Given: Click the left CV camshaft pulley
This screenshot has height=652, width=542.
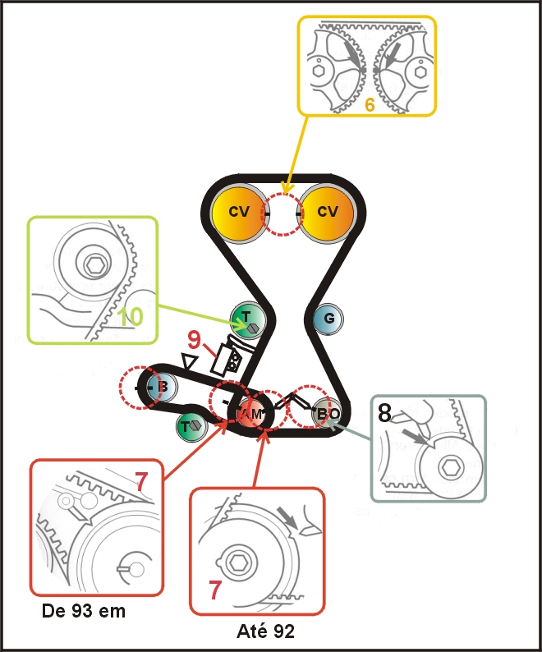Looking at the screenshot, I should click(239, 212).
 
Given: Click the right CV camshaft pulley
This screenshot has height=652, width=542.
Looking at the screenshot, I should click(327, 212).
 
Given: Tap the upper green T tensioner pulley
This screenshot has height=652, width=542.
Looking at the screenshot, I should click(246, 318).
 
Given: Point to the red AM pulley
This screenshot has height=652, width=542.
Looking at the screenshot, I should click(253, 413).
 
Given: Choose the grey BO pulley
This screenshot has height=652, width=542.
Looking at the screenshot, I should click(326, 413).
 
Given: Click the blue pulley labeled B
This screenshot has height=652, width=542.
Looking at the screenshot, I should click(161, 386).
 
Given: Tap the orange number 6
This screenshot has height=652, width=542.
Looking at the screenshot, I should click(370, 106).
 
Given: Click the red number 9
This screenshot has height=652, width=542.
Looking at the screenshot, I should click(195, 339).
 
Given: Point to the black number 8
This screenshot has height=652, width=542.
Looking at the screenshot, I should click(385, 413).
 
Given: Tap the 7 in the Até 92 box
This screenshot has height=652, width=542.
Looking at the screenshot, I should click(215, 590).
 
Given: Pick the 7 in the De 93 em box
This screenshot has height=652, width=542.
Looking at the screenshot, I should click(142, 483).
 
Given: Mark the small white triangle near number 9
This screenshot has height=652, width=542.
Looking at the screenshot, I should click(190, 361).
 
